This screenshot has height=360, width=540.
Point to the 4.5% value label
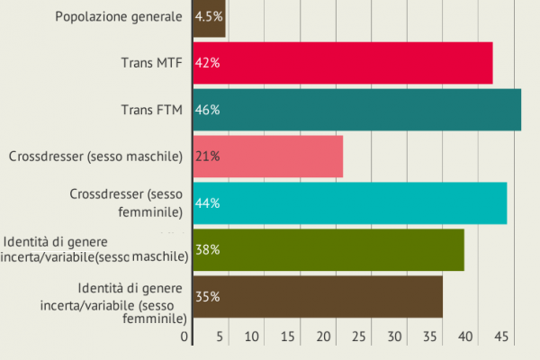click(210, 16)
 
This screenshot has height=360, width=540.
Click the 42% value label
click(208, 63)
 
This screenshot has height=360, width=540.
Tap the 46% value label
click(208, 110)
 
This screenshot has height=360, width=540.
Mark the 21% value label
click(208, 157)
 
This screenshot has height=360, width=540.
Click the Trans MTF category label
click(152, 63)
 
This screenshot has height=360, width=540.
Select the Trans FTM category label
click(152, 110)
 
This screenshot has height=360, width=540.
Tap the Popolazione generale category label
click(119, 16)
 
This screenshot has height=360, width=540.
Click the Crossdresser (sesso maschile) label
click(96, 157)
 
